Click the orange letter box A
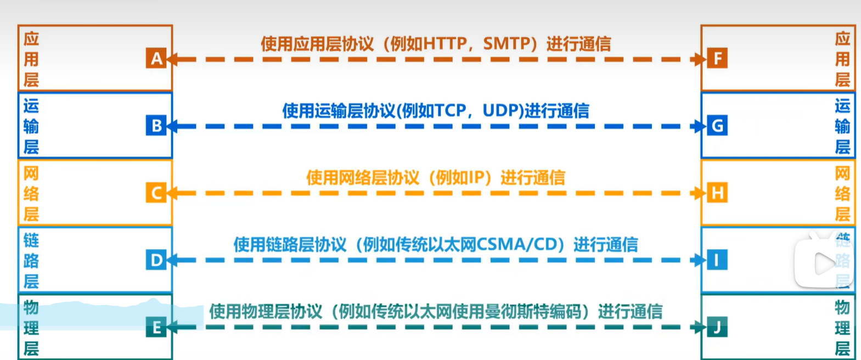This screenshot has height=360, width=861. pyautogui.click(x=156, y=58)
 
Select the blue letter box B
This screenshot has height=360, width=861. pyautogui.click(x=156, y=126)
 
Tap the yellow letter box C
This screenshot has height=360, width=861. pyautogui.click(x=156, y=193)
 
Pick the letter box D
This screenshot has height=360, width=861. pyautogui.click(x=156, y=260)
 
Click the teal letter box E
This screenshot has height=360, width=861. pyautogui.click(x=156, y=327)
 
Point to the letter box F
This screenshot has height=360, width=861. pyautogui.click(x=717, y=58)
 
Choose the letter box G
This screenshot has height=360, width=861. pyautogui.click(x=717, y=126)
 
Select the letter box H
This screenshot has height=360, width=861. pyautogui.click(x=717, y=193)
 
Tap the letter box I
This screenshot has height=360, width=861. pyautogui.click(x=717, y=260)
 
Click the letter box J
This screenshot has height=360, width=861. pyautogui.click(x=717, y=327)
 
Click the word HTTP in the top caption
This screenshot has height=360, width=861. pyautogui.click(x=445, y=43)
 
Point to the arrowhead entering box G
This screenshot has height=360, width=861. pyautogui.click(x=700, y=126)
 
